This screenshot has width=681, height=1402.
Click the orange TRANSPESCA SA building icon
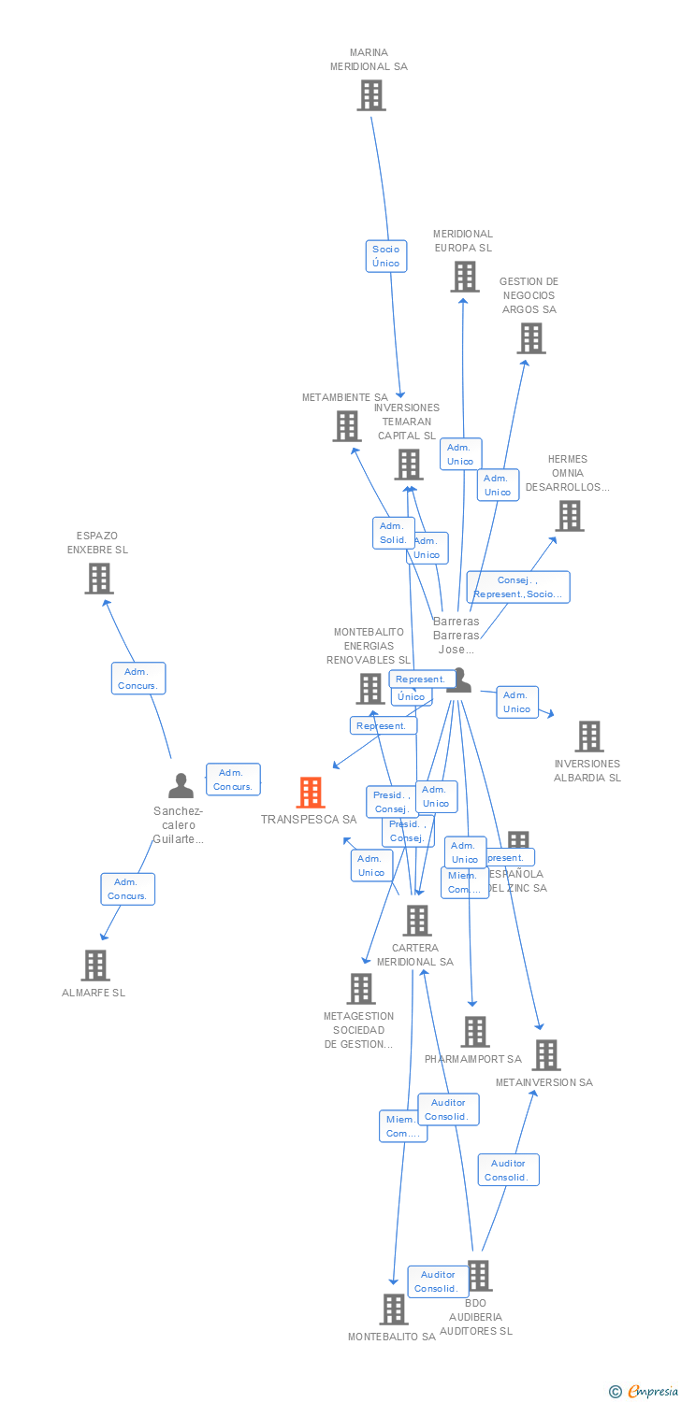(311, 793)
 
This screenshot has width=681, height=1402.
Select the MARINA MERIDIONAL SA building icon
(370, 95)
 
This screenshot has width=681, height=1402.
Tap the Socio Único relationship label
(385, 256)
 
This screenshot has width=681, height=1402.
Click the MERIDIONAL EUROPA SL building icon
(464, 277)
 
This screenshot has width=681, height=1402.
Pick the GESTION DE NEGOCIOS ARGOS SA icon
(530, 338)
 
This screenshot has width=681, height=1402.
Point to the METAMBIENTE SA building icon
(347, 426)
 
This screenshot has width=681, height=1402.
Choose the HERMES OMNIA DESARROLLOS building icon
(569, 515)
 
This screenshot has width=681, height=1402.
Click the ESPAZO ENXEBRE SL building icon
(99, 579)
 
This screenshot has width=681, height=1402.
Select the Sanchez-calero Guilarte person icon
(181, 786)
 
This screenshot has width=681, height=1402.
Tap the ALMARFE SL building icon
(95, 966)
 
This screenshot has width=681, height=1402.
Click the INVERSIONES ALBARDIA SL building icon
(588, 737)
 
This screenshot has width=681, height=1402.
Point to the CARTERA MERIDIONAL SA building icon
(416, 921)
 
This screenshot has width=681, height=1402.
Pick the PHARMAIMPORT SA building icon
(474, 1032)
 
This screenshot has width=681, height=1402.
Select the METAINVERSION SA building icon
(545, 1055)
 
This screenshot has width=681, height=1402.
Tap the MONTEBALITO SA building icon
(394, 1309)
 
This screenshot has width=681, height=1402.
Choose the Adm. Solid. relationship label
(393, 533)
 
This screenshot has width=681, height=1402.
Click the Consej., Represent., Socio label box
(518, 587)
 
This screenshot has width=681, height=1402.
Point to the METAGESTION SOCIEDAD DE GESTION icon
(361, 989)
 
